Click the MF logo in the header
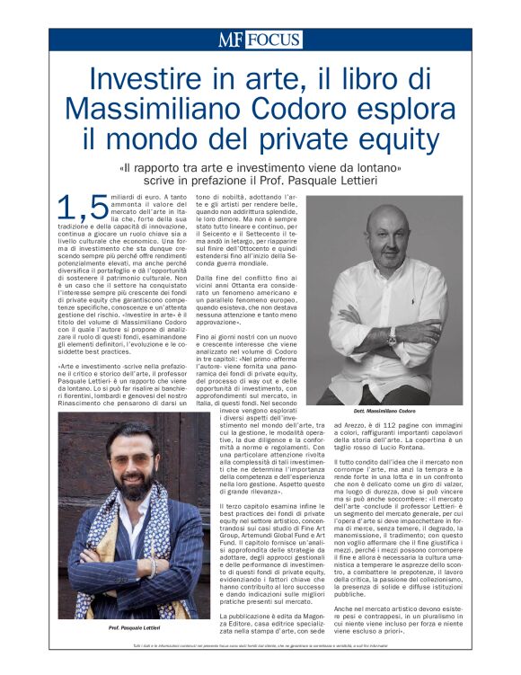click(x=231, y=40)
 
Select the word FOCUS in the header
click(x=274, y=40)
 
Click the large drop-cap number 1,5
click(x=82, y=207)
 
